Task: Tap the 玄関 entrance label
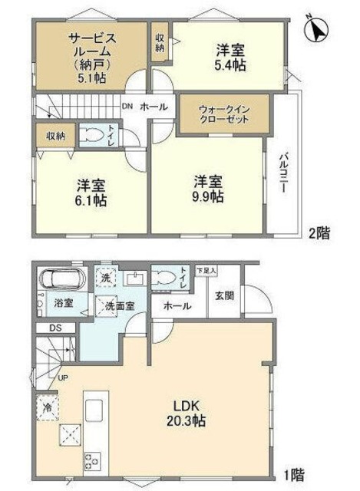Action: coord(223,295)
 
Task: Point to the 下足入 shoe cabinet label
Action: coord(206,271)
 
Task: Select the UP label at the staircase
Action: coord(61,377)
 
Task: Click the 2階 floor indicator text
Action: coord(318,233)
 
